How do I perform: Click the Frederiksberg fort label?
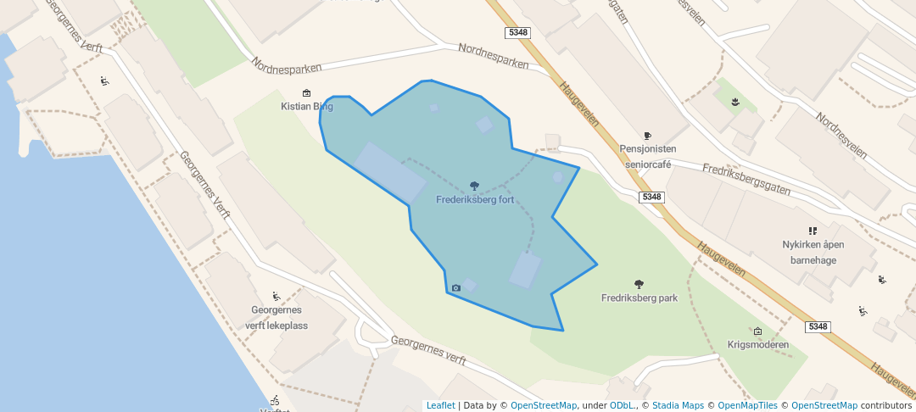click(x=475, y=200)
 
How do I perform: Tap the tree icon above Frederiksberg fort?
click(x=474, y=186)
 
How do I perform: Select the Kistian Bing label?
click(x=307, y=107)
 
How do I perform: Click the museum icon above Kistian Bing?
click(x=306, y=93)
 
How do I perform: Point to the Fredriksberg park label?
click(x=640, y=298)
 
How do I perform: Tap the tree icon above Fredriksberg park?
click(x=639, y=284)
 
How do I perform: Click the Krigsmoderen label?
click(x=758, y=345)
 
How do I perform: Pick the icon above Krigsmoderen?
click(x=757, y=331)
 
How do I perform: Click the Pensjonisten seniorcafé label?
click(x=648, y=156)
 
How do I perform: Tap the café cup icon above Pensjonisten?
click(x=647, y=135)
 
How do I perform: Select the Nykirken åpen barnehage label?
click(x=813, y=253)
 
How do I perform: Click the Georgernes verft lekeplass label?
click(x=276, y=318)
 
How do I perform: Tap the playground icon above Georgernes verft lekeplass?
click(x=276, y=297)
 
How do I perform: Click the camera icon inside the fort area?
click(x=456, y=288)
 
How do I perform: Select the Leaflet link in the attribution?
click(x=440, y=405)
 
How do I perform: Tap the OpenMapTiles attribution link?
click(x=743, y=405)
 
